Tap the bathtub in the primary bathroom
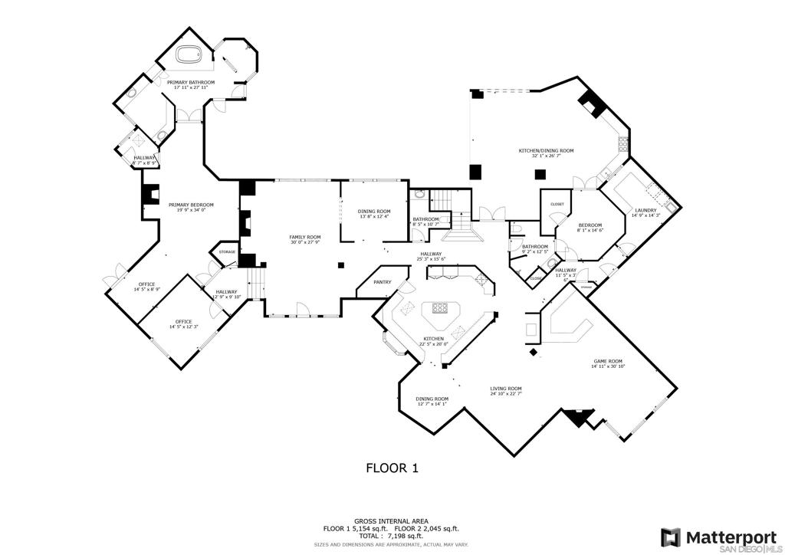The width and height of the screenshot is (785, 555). tap(189, 56)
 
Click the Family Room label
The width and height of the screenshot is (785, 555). tap(304, 237)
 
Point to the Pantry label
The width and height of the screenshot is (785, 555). tap(382, 282)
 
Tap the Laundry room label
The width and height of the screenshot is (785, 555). tap(645, 211)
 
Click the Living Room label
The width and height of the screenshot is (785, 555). tap(506, 389)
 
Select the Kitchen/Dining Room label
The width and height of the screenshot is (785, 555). tap(547, 151)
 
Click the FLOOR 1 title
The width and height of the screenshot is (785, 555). tap(391, 468)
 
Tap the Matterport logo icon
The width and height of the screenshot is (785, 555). tap(671, 537)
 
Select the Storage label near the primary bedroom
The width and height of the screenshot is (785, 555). tap(227, 252)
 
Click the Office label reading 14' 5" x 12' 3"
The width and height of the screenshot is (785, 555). tap(183, 321)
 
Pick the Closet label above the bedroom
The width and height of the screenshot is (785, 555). tap(557, 205)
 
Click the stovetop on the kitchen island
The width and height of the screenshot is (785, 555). tap(440, 309)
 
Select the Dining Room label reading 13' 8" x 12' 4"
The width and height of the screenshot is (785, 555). tap(374, 212)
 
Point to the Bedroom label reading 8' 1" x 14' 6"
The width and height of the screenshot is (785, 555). tap(590, 226)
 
